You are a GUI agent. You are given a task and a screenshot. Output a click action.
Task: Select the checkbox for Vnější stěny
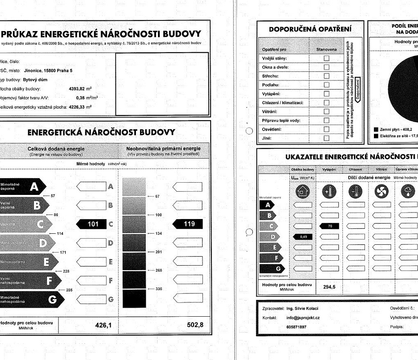tap(327, 58)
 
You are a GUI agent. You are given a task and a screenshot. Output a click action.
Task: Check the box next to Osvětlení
tap(327, 129)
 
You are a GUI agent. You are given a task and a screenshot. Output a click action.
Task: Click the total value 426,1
tap(104, 325)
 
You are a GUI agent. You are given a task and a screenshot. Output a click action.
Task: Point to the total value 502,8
tap(195, 325)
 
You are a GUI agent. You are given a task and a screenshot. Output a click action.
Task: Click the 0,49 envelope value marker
tap(302, 236)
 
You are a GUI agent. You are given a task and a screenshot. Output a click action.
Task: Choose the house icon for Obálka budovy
tap(302, 191)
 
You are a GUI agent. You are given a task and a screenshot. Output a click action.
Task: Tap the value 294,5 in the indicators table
tap(329, 287)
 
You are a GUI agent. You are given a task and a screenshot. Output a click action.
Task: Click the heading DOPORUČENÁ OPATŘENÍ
tap(310, 29)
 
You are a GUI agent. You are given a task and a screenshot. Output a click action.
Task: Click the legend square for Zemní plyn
tap(376, 129)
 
